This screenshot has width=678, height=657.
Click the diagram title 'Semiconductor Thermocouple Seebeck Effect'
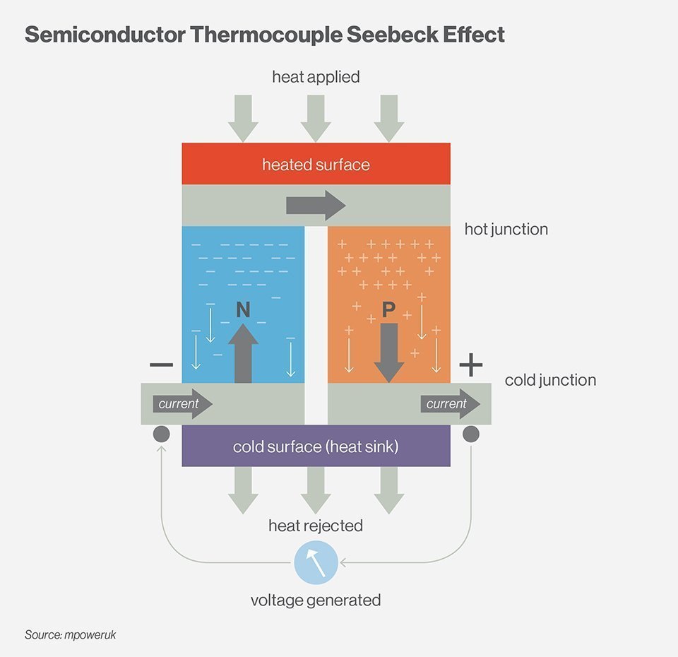pyautogui.click(x=265, y=35)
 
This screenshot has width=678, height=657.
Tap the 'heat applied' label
pyautogui.click(x=316, y=76)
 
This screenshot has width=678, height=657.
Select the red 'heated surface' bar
pyautogui.click(x=316, y=165)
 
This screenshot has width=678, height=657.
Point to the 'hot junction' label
pyautogui.click(x=506, y=229)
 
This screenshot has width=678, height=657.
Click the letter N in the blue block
pyautogui.click(x=243, y=309)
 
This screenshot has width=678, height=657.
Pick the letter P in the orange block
pyautogui.click(x=388, y=309)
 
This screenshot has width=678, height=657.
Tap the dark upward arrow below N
pyautogui.click(x=243, y=353)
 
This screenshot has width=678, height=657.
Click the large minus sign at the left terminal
pyautogui.click(x=161, y=365)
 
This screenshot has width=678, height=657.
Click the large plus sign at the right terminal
pyautogui.click(x=471, y=365)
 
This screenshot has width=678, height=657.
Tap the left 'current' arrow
pyautogui.click(x=182, y=404)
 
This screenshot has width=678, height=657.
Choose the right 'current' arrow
pyautogui.click(x=451, y=404)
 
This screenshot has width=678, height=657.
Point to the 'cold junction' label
pyautogui.click(x=550, y=380)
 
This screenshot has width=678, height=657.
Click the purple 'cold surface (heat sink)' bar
pyautogui.click(x=316, y=446)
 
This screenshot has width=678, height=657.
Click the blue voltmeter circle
pyautogui.click(x=316, y=563)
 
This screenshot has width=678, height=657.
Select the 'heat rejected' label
pyautogui.click(x=316, y=526)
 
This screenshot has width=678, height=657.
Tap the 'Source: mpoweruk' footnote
pyautogui.click(x=70, y=634)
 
